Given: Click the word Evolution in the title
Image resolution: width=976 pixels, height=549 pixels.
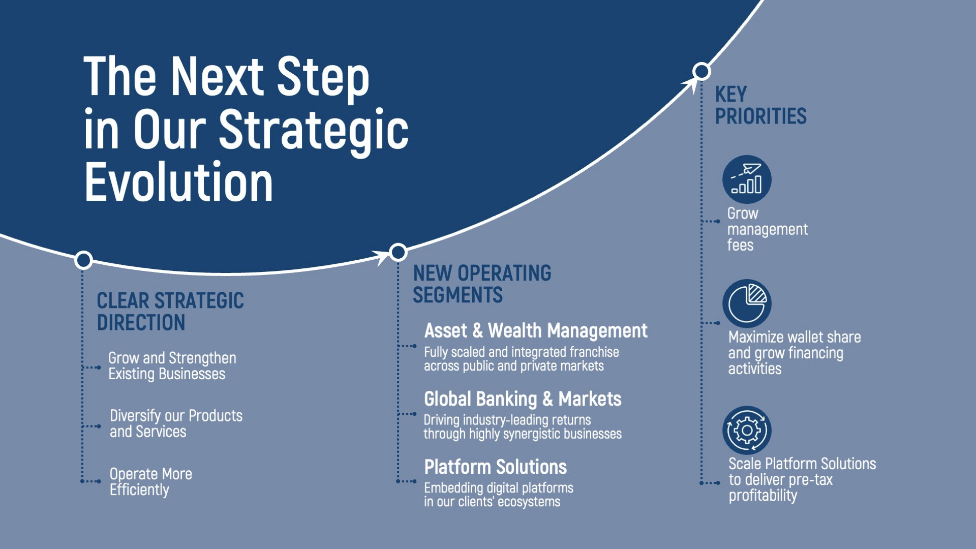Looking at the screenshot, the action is (179, 181).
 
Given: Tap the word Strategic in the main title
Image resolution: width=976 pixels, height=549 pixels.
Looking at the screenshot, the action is (313, 130).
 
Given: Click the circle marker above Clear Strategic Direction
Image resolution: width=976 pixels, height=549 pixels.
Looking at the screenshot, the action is (83, 260).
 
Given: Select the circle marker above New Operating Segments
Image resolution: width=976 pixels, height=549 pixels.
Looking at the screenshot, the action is (398, 252).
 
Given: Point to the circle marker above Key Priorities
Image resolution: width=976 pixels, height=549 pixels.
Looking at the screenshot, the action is (701, 71).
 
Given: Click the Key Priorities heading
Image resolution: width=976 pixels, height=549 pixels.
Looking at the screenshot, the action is (760, 105).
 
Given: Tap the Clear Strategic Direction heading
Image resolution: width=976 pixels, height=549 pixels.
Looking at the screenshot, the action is (170, 312).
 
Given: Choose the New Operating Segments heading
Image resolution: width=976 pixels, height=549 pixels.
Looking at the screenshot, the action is (482, 284).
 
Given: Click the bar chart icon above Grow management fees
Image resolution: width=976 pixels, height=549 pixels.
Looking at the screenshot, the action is (747, 179).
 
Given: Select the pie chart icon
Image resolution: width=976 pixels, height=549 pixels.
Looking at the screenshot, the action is (747, 303).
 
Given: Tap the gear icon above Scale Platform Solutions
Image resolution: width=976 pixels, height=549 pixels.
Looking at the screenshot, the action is (747, 430).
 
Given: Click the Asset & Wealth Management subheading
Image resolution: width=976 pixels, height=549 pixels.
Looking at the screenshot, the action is (536, 331).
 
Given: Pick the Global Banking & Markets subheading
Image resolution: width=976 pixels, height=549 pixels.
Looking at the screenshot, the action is (523, 399).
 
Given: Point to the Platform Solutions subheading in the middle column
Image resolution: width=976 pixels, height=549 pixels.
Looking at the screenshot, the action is (496, 467).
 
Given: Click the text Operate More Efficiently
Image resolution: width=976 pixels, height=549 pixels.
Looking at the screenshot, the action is (151, 481).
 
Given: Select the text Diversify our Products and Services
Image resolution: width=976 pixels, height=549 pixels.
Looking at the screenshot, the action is (176, 423).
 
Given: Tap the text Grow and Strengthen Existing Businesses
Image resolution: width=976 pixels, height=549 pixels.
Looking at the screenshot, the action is (172, 365).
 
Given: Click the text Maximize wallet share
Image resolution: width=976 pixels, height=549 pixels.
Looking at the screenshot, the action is (795, 337).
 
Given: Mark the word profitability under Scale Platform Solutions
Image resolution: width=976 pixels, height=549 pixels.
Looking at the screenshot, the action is (762, 496).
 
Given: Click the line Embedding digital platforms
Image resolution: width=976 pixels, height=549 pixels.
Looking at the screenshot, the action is (499, 488).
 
